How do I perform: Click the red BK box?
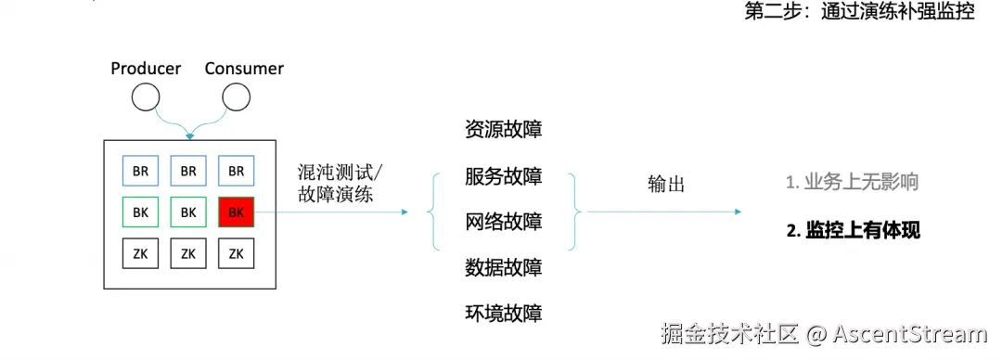click(x=236, y=212)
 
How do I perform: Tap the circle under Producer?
click(x=146, y=96)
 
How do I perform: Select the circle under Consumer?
click(x=237, y=96)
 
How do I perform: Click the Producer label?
click(x=146, y=69)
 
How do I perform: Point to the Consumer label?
click(x=244, y=69)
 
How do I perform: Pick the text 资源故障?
click(x=503, y=130)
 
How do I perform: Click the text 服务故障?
click(x=503, y=176)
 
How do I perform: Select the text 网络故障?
click(x=503, y=222)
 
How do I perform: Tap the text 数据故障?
click(x=503, y=268)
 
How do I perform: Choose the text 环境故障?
click(x=503, y=313)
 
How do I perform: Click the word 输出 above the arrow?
click(x=666, y=185)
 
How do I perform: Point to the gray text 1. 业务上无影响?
click(x=852, y=183)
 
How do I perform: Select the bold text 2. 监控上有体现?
click(x=853, y=231)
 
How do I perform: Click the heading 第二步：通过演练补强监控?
click(x=859, y=15)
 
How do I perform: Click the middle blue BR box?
click(x=188, y=172)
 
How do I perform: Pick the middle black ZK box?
click(x=188, y=253)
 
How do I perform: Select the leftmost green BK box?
click(x=141, y=212)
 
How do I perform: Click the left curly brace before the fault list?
click(x=432, y=212)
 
